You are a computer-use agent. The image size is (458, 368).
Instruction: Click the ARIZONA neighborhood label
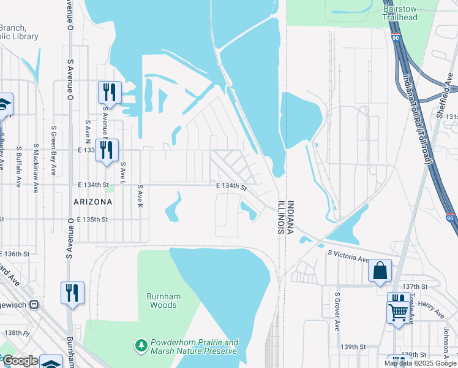92,202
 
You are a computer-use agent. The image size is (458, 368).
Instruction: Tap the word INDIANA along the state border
291,217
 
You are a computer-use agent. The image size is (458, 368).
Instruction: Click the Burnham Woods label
163,301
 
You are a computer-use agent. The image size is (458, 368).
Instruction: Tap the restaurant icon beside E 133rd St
107,149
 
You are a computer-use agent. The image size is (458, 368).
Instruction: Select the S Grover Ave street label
337,311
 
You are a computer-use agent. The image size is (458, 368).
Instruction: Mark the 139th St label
354,347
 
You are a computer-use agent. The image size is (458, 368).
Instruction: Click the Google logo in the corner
20,361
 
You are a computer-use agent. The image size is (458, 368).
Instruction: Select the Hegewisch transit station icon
35,304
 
